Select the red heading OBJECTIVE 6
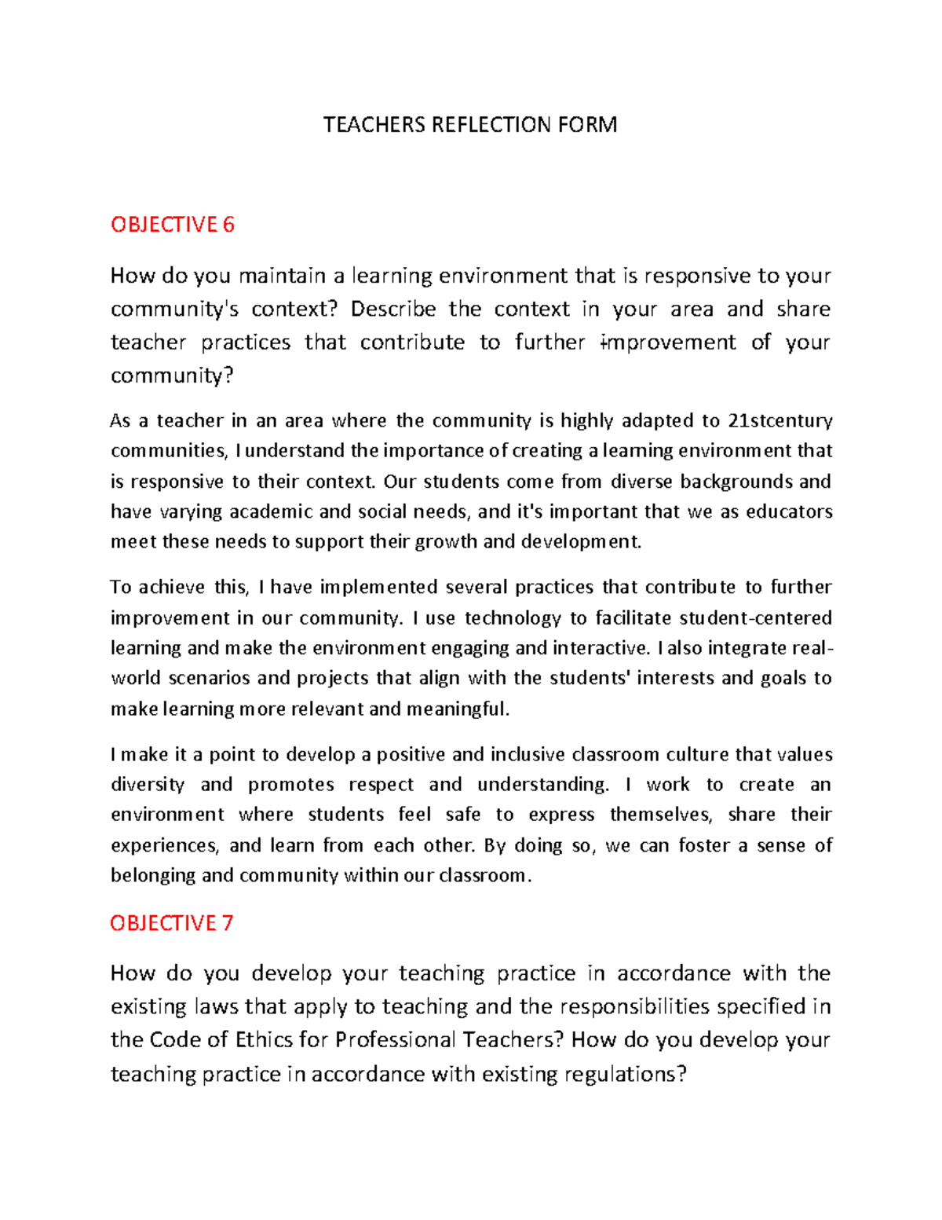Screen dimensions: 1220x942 pyautogui.click(x=173, y=225)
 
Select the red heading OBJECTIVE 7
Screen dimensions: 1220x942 pyautogui.click(x=172, y=923)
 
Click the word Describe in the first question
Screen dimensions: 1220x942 pyautogui.click(x=392, y=309)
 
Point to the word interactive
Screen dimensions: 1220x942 pyautogui.click(x=601, y=649)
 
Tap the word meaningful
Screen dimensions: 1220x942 pyautogui.click(x=458, y=709)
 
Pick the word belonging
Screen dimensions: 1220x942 pyautogui.click(x=153, y=876)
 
